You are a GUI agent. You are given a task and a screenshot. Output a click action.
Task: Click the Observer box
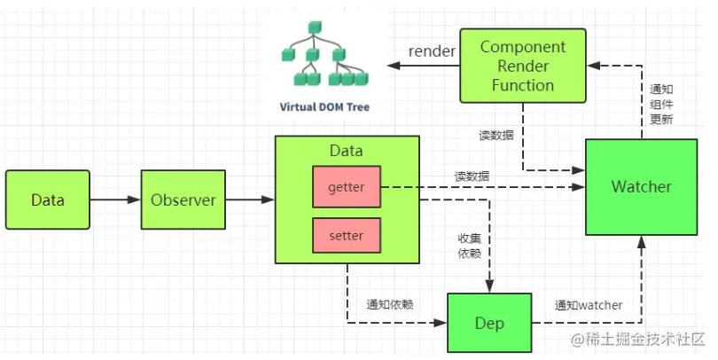(x=183, y=200)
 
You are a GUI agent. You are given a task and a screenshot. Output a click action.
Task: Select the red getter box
(x=347, y=187)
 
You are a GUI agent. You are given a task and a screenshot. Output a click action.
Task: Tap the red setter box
(x=347, y=236)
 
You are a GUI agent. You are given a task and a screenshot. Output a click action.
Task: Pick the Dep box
(x=489, y=323)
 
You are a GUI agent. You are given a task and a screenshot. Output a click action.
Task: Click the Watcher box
(x=642, y=187)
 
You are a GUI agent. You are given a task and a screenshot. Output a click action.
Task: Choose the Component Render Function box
(x=523, y=66)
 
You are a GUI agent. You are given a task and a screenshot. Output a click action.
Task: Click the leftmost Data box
(x=48, y=200)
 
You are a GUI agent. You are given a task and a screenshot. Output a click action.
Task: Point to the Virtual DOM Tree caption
(x=324, y=107)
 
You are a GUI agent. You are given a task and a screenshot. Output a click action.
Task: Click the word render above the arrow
(x=432, y=51)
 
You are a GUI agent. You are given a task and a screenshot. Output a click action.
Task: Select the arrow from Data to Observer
(x=115, y=200)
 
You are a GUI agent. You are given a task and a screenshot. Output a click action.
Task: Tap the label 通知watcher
(x=589, y=305)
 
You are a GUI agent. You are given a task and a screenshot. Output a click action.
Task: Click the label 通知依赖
(x=390, y=304)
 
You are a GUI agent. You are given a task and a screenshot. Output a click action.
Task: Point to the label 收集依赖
(x=469, y=246)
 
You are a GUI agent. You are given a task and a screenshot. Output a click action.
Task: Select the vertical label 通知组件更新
(x=661, y=105)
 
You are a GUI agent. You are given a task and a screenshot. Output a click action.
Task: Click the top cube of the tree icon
(x=315, y=27)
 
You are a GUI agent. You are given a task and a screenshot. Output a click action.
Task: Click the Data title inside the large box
(x=347, y=151)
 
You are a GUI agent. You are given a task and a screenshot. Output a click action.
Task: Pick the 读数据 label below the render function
(x=496, y=136)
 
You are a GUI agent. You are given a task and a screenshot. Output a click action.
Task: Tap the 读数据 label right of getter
(x=472, y=176)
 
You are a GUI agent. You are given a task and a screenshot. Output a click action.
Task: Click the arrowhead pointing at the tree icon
(x=394, y=66)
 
